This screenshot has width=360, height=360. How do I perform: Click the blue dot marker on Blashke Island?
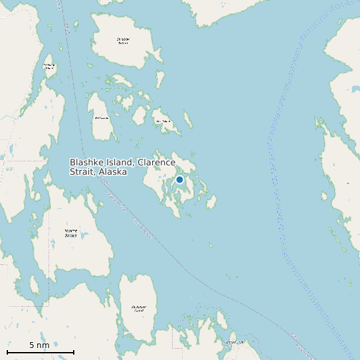pyautogui.click(x=179, y=179)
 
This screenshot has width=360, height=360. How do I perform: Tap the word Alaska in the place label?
pyautogui.click(x=113, y=172)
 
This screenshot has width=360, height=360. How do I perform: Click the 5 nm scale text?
pyautogui.click(x=39, y=345)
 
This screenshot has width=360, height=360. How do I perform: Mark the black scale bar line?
pyautogui.click(x=40, y=352)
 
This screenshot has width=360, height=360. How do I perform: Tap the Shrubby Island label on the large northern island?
pyautogui.click(x=123, y=41)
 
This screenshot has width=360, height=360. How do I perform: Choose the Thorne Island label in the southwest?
pyautogui.click(x=70, y=232)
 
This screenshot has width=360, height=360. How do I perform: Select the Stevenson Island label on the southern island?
pyautogui.click(x=138, y=308)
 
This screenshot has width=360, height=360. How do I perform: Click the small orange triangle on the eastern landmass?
pyautogui.click(x=347, y=183)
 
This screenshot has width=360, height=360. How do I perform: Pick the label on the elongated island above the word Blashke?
pyautogui.click(x=102, y=118)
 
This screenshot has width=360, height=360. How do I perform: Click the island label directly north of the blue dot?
pyautogui.click(x=162, y=122)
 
